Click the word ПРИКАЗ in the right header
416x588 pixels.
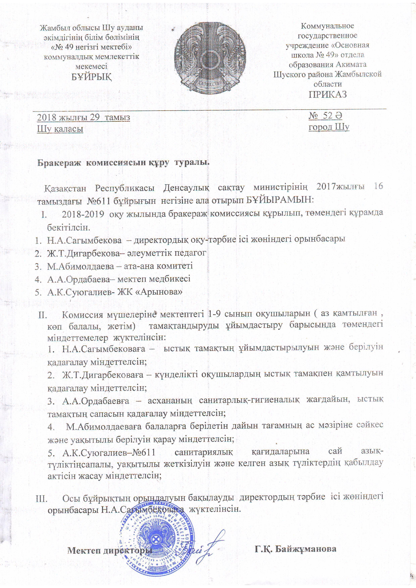(328, 94)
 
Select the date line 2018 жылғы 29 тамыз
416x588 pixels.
(84, 117)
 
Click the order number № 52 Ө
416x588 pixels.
(325, 116)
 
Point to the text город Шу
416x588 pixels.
(329, 127)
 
